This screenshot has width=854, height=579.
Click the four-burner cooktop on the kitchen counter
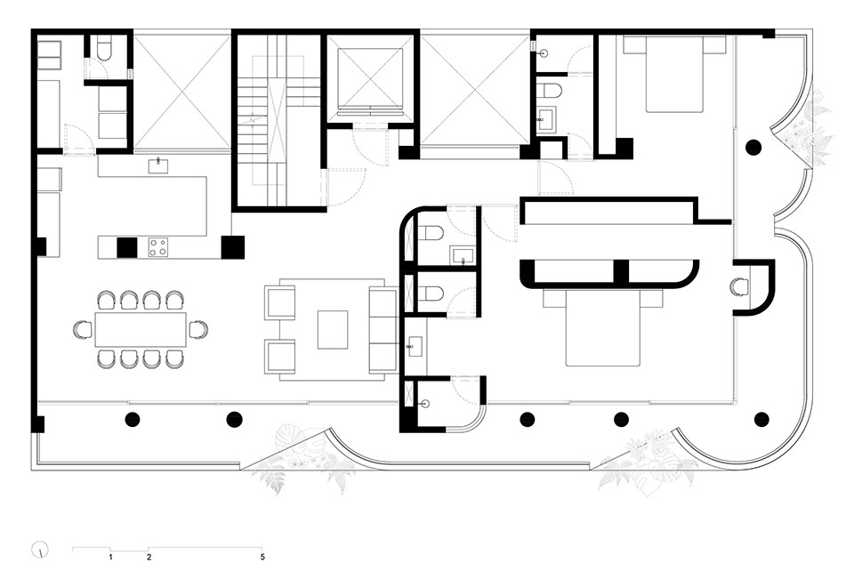click(x=158, y=247)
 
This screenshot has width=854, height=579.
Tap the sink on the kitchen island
click(x=158, y=165)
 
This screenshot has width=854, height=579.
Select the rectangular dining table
click(x=141, y=329)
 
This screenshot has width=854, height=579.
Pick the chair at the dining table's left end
click(x=83, y=329)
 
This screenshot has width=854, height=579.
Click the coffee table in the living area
click(x=333, y=330)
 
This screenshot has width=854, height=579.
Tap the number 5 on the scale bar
click(x=262, y=558)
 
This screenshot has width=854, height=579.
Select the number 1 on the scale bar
click(x=110, y=558)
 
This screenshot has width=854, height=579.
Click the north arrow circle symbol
click(x=40, y=550)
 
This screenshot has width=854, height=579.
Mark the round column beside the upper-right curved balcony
click(x=753, y=147)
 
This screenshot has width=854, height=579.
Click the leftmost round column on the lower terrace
click(x=133, y=419)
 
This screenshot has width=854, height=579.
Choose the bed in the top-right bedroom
click(x=674, y=74)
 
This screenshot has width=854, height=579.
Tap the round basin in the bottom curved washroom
click(x=426, y=404)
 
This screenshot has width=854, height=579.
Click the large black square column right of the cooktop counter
click(x=232, y=247)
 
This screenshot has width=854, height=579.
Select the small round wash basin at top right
click(x=543, y=53)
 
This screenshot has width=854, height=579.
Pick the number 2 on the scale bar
click(x=149, y=558)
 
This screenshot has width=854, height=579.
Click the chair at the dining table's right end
click(x=198, y=329)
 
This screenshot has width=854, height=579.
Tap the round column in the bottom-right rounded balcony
click(x=761, y=419)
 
